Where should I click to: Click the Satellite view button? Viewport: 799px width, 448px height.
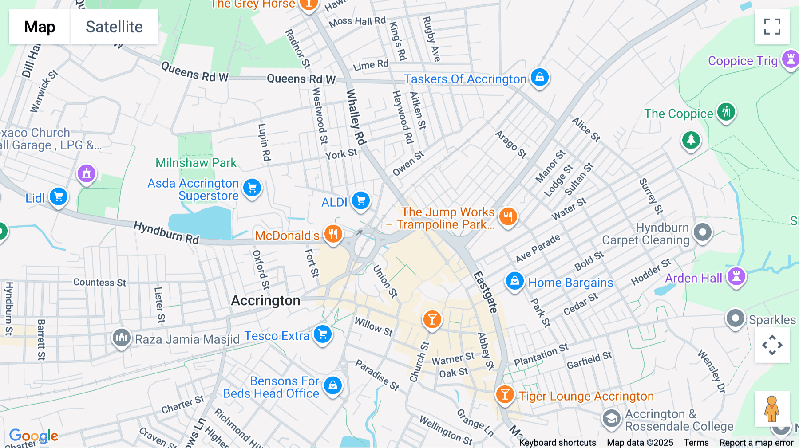(114, 27)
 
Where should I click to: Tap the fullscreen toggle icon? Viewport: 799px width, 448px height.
(772, 27)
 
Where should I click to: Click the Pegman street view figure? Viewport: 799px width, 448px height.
(772, 409)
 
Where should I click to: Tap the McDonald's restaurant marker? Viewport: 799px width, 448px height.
(333, 233)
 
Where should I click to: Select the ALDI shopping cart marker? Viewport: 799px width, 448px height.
(361, 200)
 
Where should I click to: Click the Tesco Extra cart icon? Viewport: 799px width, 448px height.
(323, 334)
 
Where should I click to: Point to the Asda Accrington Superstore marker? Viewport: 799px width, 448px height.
(252, 188)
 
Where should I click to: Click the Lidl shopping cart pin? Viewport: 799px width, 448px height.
(59, 196)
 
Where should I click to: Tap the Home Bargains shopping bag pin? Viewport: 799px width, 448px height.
(514, 281)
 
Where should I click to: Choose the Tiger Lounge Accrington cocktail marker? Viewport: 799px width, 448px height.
(505, 394)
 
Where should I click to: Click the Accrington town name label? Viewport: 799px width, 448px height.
(265, 301)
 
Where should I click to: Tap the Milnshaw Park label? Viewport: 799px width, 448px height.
(196, 163)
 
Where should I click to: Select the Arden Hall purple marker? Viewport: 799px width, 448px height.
(736, 276)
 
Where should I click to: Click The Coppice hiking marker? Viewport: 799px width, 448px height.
(726, 112)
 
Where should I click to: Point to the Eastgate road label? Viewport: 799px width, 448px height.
(485, 292)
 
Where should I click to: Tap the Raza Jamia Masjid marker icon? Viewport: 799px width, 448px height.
(121, 338)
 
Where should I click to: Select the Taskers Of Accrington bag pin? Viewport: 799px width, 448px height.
(539, 78)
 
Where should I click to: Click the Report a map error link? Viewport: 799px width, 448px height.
(756, 443)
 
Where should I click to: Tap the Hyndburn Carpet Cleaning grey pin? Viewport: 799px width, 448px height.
(702, 232)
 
